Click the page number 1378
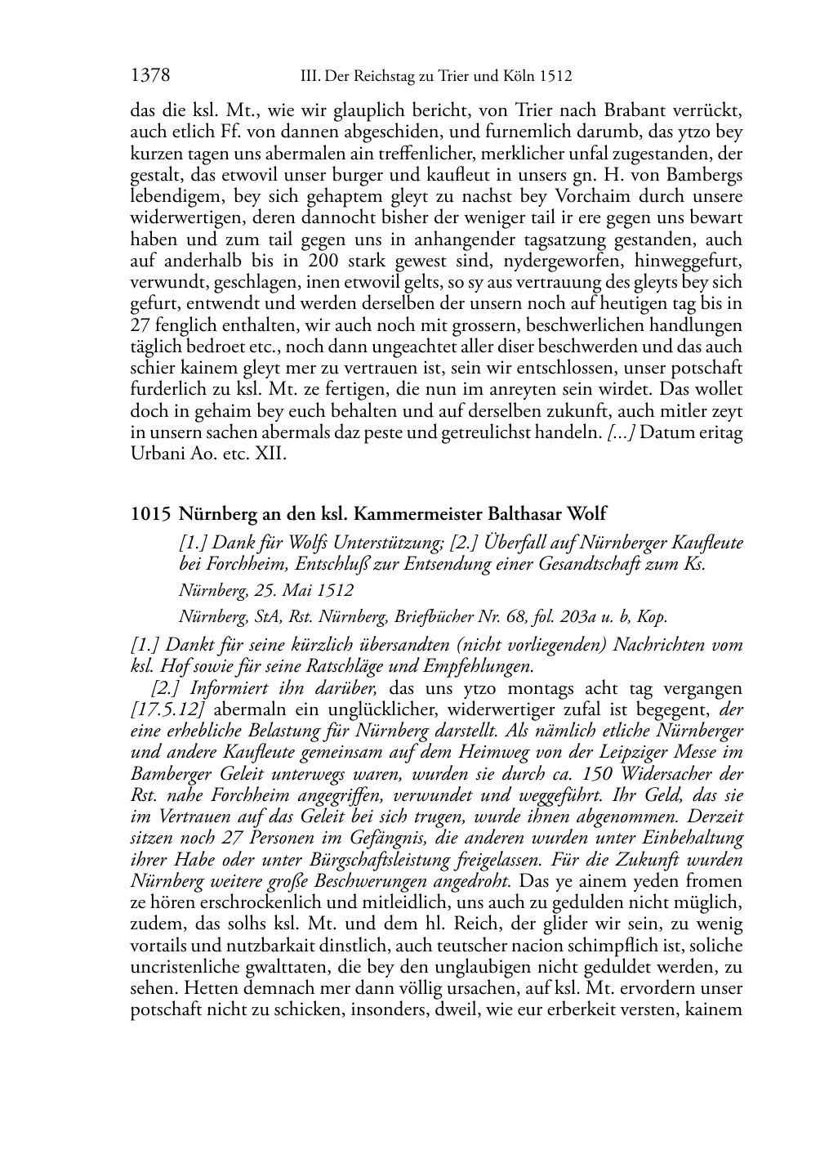[150, 76]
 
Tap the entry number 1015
[150, 514]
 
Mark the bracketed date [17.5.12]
[167, 709]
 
